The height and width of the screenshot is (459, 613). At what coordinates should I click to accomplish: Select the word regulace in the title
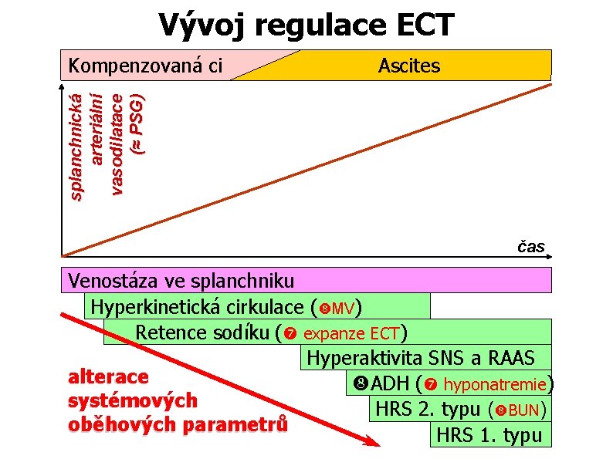[309, 26]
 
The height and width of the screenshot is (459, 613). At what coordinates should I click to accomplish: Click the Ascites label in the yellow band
[409, 66]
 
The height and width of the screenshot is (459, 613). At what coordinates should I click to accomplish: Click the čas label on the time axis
[530, 247]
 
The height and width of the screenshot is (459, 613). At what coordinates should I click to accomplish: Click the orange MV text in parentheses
[343, 309]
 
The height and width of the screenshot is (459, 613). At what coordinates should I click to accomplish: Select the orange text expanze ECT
[351, 334]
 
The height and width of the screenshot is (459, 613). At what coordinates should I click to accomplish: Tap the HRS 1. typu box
[489, 434]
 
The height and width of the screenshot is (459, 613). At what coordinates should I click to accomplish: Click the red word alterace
[108, 376]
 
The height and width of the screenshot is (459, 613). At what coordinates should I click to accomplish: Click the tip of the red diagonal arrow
[378, 444]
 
